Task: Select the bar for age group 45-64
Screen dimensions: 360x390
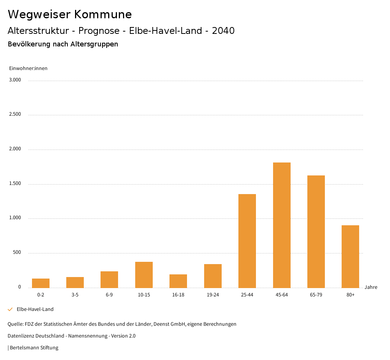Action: (x=281, y=225)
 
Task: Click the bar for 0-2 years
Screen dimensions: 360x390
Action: (x=41, y=283)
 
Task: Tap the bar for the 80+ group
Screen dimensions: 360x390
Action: (x=350, y=256)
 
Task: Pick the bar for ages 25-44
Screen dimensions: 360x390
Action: (x=247, y=241)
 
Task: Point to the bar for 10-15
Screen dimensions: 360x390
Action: (x=144, y=275)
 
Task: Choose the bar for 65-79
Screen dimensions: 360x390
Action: (x=316, y=231)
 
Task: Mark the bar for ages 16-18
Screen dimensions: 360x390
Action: (x=178, y=281)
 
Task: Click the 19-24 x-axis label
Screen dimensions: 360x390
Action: (x=213, y=295)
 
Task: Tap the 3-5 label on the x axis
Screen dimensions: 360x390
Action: (x=75, y=295)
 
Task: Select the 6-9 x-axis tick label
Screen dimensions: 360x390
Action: (x=109, y=295)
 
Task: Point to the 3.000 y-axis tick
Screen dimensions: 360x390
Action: (x=15, y=80)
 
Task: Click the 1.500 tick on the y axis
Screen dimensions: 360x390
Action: (x=15, y=183)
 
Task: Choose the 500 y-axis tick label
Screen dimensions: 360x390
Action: (x=17, y=252)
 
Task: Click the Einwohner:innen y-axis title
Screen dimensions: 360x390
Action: (x=28, y=68)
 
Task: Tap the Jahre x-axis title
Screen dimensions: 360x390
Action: (x=371, y=287)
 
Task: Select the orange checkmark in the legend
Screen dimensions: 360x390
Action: (x=10, y=309)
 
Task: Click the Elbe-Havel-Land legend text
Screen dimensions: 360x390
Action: (x=35, y=309)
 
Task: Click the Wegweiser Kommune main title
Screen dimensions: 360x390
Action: (x=70, y=14)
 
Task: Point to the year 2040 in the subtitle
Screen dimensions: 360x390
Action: (x=223, y=31)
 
